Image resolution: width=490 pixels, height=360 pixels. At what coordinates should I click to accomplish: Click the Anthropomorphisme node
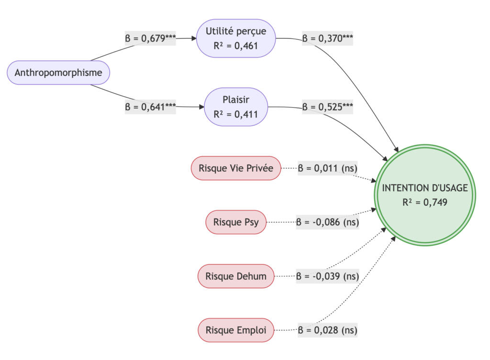click(x=58, y=73)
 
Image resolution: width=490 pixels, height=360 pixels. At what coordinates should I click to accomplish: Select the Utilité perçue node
click(x=236, y=38)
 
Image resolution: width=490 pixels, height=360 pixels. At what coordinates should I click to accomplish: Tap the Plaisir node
click(x=236, y=107)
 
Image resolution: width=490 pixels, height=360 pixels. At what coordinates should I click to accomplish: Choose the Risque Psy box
click(x=235, y=222)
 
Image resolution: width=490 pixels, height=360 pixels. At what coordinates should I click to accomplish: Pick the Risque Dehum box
click(x=235, y=276)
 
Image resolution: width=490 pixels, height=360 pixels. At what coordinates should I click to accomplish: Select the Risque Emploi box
click(x=235, y=330)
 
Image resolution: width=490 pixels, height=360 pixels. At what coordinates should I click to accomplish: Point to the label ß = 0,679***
click(x=151, y=39)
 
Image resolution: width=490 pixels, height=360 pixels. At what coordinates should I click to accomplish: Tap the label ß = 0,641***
click(x=151, y=107)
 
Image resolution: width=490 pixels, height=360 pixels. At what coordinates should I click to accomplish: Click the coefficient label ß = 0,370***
click(x=327, y=39)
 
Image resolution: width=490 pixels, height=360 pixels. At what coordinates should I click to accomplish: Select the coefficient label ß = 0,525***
click(x=327, y=107)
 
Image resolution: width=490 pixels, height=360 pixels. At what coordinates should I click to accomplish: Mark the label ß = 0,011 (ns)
click(x=328, y=168)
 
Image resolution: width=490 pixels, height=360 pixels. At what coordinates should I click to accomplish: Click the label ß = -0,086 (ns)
click(x=327, y=222)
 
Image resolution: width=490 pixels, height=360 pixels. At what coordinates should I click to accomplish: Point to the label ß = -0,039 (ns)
click(x=327, y=276)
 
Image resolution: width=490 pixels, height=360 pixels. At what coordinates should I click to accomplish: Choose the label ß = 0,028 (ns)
click(x=328, y=330)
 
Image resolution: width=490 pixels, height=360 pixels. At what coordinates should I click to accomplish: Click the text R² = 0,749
click(x=425, y=202)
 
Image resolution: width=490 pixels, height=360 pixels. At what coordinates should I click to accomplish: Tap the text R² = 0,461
click(x=236, y=46)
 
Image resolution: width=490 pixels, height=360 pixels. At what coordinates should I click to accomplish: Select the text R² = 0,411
click(x=236, y=115)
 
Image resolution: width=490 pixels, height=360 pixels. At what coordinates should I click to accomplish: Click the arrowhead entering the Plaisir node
click(x=201, y=107)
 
